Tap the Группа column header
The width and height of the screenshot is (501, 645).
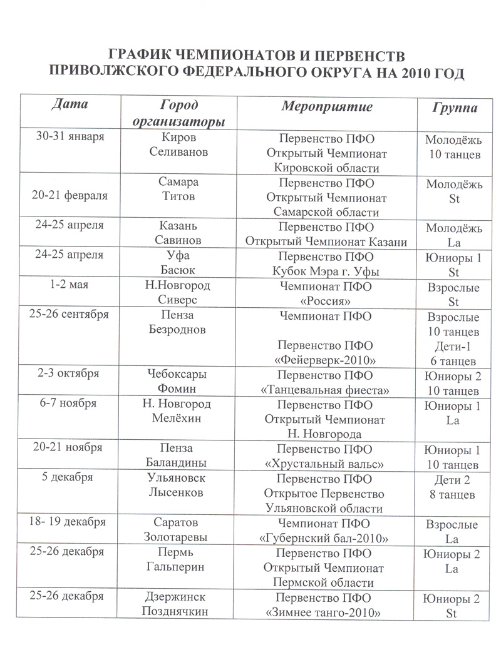pos(454,107)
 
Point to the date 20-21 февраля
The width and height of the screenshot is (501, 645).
pos(70,195)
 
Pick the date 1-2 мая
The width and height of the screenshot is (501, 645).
pos(70,285)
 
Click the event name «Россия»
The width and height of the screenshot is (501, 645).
pos(326,301)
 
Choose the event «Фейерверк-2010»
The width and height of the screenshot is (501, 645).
pos(326,360)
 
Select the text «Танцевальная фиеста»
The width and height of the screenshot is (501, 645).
pos(326,390)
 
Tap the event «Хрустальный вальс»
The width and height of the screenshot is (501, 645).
pos(326,464)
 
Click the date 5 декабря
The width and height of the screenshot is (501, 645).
pos(70,478)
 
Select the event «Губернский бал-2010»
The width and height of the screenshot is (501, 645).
pos(326,538)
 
